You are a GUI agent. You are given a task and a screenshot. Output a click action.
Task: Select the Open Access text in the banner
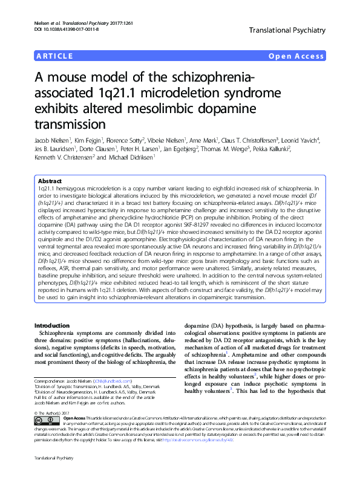pos(296,57)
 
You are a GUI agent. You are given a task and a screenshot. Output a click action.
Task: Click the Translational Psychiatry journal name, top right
pos(286,29)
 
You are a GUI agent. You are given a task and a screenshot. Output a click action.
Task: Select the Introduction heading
pos(54,326)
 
